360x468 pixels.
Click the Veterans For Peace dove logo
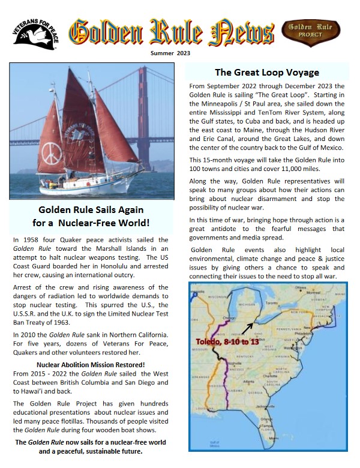(x=35, y=37)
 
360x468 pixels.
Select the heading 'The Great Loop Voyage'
(x=267, y=73)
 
